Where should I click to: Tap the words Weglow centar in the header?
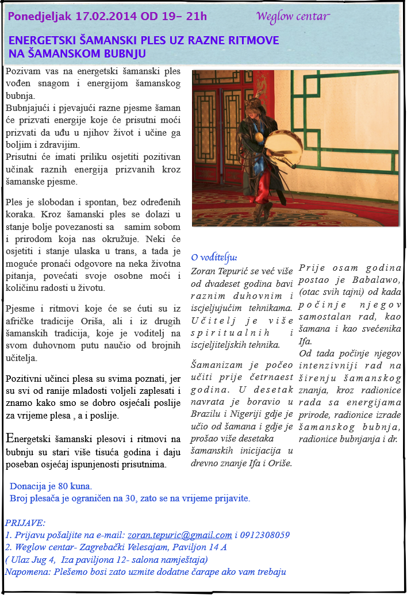(x=293, y=16)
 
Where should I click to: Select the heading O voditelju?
(x=214, y=257)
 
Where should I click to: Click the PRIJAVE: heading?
(x=25, y=523)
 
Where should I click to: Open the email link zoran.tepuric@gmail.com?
(x=179, y=535)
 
